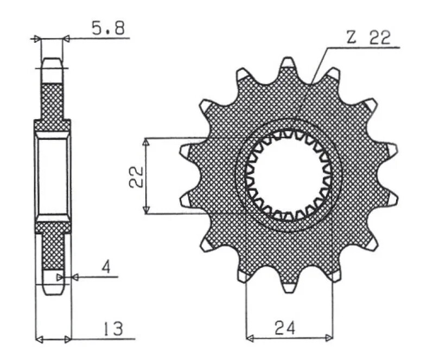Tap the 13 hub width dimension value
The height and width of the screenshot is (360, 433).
click(x=111, y=329)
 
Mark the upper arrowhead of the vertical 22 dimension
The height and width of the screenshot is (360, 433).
click(x=145, y=142)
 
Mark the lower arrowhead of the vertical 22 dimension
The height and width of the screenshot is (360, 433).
click(x=145, y=210)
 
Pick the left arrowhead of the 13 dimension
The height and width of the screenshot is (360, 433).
click(x=39, y=339)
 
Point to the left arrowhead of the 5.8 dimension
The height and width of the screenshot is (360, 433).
click(x=37, y=38)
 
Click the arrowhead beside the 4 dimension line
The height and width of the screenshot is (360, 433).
click(x=75, y=277)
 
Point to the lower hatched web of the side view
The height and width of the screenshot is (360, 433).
click(x=52, y=249)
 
